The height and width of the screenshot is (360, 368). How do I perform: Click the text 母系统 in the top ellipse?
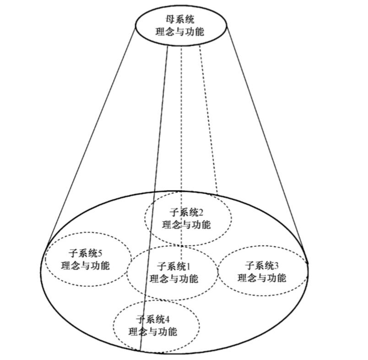pyautogui.click(x=180, y=20)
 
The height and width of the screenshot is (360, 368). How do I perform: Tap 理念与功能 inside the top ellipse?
pyautogui.click(x=180, y=33)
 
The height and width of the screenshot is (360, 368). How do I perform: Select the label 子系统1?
pyautogui.click(x=173, y=266)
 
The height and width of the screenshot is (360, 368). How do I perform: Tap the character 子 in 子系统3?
pyautogui.click(x=250, y=265)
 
